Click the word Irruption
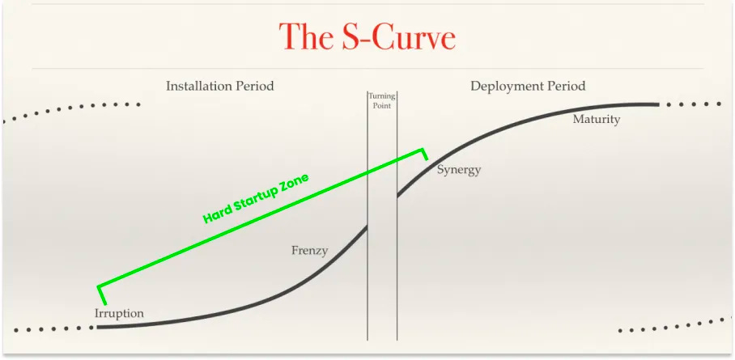tap(119, 313)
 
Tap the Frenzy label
tap(309, 251)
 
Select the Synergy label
tap(459, 170)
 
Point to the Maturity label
tap(596, 120)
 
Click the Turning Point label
tap(382, 100)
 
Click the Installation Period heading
tap(219, 85)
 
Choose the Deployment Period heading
tap(528, 85)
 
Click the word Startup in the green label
tap(258, 198)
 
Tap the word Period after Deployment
tap(567, 85)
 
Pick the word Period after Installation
tap(255, 85)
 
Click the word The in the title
tap(304, 37)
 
